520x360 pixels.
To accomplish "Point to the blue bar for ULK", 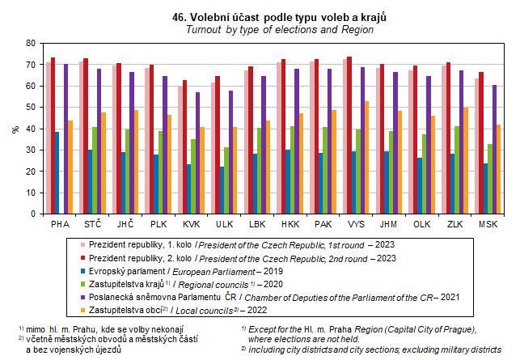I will tap(222, 189).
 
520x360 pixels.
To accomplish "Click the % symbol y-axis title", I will tap(14, 128).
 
